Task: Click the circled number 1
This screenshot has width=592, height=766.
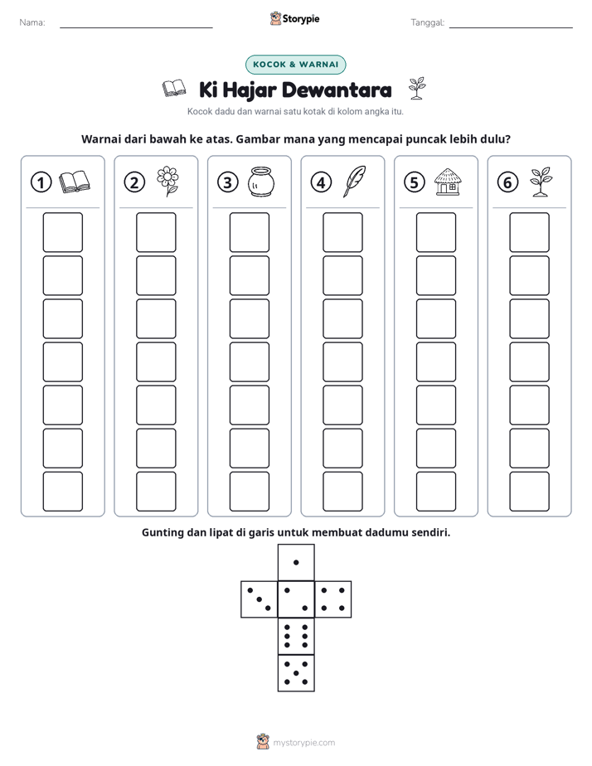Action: (41, 182)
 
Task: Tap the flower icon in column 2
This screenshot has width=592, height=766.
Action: (167, 182)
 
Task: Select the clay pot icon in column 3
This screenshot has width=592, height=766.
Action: (261, 182)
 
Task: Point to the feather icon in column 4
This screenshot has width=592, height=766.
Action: (354, 182)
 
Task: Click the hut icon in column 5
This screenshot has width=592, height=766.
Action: (448, 182)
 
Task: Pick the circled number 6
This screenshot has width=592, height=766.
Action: (507, 182)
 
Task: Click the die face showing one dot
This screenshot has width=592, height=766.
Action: (296, 563)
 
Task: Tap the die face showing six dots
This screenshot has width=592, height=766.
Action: (296, 636)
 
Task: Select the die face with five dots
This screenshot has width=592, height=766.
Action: (296, 672)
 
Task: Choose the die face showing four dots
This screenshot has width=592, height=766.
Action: (333, 599)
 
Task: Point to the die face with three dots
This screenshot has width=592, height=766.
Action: (260, 599)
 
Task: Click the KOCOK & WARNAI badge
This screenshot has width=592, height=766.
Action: (295, 65)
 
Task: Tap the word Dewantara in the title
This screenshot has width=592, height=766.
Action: (337, 90)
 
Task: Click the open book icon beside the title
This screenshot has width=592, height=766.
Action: (174, 89)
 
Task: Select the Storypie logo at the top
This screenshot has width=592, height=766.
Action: (294, 19)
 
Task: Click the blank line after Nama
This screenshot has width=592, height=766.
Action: (136, 28)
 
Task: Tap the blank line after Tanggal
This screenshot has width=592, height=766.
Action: (511, 28)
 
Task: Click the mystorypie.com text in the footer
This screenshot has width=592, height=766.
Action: (303, 743)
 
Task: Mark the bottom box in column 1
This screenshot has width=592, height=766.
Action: (62, 492)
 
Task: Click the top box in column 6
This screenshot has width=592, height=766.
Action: (530, 232)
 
